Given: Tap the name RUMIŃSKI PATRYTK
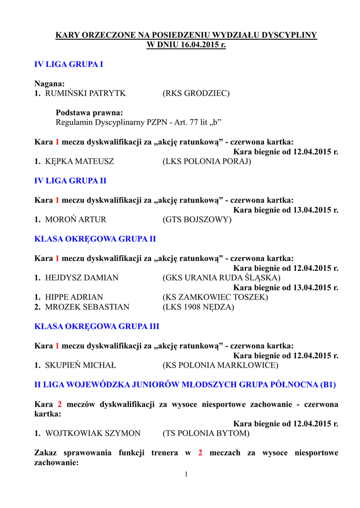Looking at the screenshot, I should [x=85, y=93].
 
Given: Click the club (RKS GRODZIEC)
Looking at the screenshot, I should [x=196, y=93].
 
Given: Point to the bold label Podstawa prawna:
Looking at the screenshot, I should [x=89, y=113].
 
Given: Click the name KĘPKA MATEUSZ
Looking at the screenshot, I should [x=79, y=161].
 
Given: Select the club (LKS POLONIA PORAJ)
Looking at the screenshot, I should [x=207, y=161].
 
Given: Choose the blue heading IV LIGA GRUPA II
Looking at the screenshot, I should [x=70, y=181].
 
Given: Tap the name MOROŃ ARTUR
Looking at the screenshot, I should [x=75, y=219].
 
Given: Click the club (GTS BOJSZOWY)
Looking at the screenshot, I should [x=197, y=219].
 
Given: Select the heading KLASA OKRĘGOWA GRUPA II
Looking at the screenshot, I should [x=95, y=239].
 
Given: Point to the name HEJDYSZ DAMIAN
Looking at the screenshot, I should [x=82, y=278].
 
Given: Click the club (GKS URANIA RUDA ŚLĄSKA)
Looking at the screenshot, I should [x=221, y=278].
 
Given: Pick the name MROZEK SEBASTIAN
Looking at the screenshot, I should [x=87, y=307].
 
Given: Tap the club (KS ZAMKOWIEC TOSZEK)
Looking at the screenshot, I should [x=216, y=297].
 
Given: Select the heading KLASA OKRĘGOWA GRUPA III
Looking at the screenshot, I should [x=96, y=326].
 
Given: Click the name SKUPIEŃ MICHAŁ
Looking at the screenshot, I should [x=80, y=366].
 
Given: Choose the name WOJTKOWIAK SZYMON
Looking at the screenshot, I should [x=93, y=434].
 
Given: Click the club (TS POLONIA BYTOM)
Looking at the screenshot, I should [x=206, y=434].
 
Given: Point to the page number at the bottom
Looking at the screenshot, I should [x=186, y=475].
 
